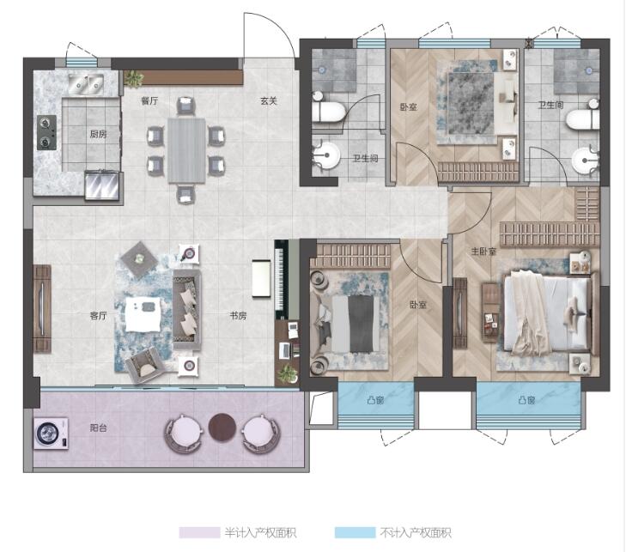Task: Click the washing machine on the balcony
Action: click(x=51, y=433)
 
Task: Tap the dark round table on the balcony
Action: click(x=222, y=428)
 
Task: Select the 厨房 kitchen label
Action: click(x=98, y=134)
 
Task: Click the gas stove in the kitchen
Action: click(x=46, y=132)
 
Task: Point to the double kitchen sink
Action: click(x=86, y=84)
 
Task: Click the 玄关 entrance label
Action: click(x=268, y=101)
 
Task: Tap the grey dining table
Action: click(x=186, y=150)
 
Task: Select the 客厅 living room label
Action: click(x=98, y=316)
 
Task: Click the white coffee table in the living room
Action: click(x=143, y=314)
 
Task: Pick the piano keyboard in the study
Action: click(x=279, y=279)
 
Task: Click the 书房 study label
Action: click(x=238, y=316)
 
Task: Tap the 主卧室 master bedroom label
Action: click(x=483, y=252)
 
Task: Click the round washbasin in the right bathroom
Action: click(x=585, y=160)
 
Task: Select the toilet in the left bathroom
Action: click(x=328, y=109)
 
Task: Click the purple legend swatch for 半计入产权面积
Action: click(x=199, y=532)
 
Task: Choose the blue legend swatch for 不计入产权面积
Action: click(x=355, y=532)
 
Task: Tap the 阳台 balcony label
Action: click(x=98, y=428)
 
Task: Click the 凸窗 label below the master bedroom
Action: click(x=526, y=399)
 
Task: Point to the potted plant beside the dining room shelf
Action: click(x=134, y=79)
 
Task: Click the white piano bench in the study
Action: click(x=262, y=278)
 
